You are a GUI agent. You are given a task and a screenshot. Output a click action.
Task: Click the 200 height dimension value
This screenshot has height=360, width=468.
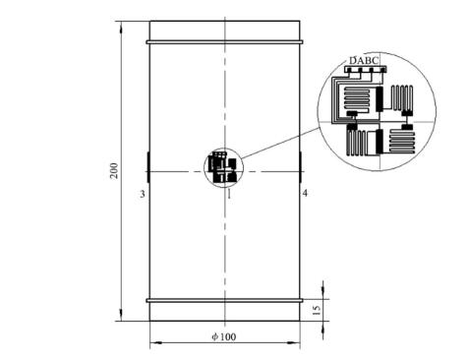click(114, 170)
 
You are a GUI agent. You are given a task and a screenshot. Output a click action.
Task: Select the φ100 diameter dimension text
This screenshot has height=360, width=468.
click(224, 336)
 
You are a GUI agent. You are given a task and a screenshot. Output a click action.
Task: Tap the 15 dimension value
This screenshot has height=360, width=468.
click(317, 310)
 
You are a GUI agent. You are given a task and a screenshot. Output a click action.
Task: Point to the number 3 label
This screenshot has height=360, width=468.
click(143, 194)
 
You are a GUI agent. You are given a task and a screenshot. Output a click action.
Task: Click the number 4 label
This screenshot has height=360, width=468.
click(305, 194)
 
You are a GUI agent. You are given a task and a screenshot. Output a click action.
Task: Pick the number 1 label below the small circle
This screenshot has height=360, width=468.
click(229, 195)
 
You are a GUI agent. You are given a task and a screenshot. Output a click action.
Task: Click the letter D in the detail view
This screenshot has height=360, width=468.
click(353, 61)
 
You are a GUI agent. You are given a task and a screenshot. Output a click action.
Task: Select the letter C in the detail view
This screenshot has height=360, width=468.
click(376, 61)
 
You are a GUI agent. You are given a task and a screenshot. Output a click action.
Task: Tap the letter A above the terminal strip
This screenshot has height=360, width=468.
click(361, 61)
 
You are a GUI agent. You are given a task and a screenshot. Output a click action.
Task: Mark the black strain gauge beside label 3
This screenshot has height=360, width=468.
click(148, 167)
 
